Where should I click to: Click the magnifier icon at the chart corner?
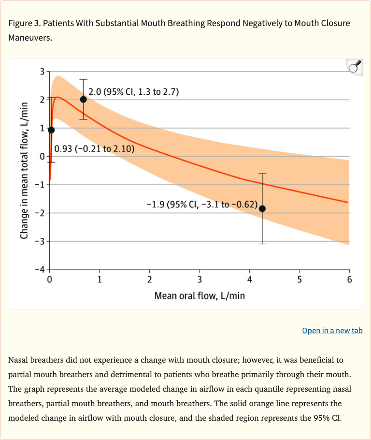coord(355,67)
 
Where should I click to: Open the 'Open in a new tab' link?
coord(332,330)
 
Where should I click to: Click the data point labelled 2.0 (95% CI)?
coord(83,99)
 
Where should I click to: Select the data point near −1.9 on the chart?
coord(262,208)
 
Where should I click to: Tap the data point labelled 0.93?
coord(51,130)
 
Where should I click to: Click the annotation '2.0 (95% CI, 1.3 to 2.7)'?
coord(134,92)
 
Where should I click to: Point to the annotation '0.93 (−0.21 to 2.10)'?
coord(94,148)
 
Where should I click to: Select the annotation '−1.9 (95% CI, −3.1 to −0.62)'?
coord(202,204)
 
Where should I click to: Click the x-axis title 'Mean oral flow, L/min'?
coord(200,295)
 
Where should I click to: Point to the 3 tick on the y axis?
coord(42,72)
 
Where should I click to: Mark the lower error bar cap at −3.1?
coord(262,244)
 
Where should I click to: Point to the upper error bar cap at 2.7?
coord(83,79)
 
